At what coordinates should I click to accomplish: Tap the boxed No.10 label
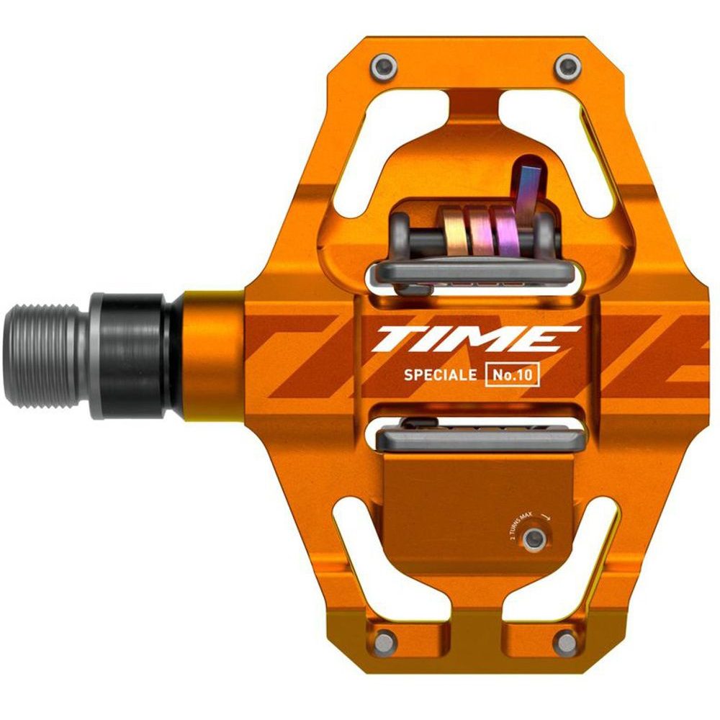(x=513, y=375)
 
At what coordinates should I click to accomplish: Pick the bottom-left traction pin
(x=387, y=639)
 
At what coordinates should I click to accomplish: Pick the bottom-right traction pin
(x=565, y=639)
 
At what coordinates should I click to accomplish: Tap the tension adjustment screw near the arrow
(x=534, y=538)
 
